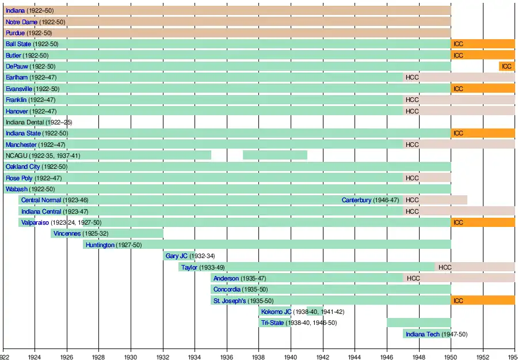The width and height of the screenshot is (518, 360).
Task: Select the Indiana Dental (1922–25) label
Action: tap(39, 122)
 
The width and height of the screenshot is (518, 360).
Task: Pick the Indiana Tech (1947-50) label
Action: tap(436, 335)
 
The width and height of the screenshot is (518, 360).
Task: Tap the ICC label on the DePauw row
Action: tap(506, 67)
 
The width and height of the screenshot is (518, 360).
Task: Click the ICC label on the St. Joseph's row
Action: tap(458, 301)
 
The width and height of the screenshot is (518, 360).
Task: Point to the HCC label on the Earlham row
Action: tap(412, 78)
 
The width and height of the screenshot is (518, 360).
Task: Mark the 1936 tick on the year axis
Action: tap(227, 355)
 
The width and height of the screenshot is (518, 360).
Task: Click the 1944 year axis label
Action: tap(355, 355)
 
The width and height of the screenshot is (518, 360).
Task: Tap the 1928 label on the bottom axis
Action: tap(99, 355)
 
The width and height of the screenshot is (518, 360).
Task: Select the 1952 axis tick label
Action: tap(482, 355)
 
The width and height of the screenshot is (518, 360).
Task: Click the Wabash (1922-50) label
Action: tap(30, 190)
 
